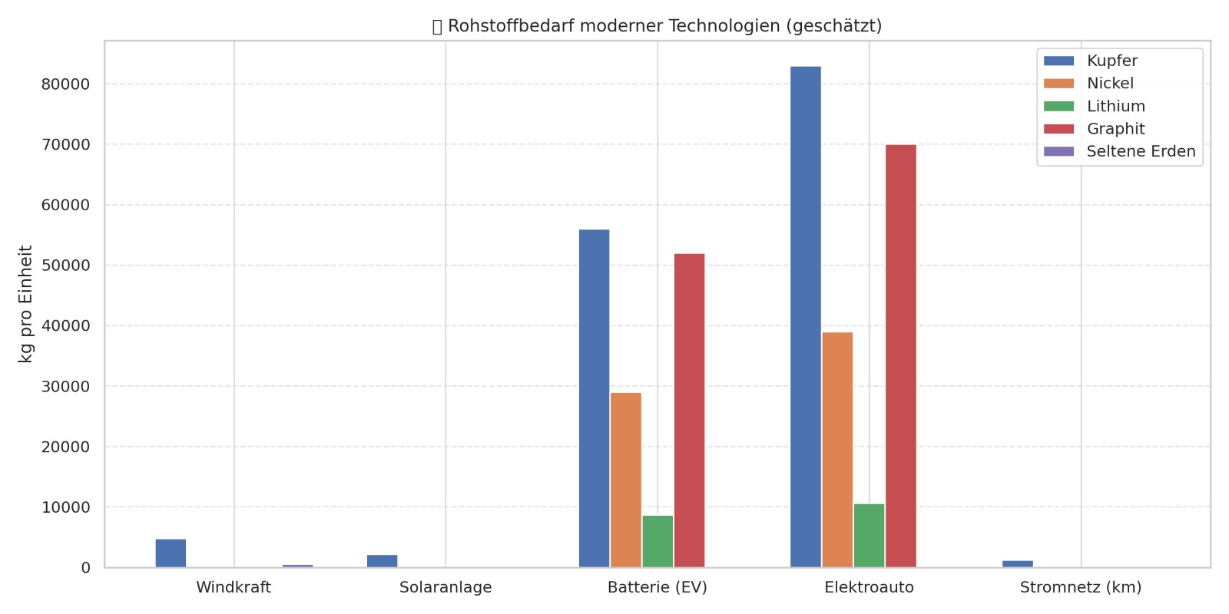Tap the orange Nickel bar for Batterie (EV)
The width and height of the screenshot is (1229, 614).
tap(626, 480)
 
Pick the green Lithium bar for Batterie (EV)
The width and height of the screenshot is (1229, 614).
tap(658, 542)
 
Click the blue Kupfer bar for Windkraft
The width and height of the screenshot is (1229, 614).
tap(171, 553)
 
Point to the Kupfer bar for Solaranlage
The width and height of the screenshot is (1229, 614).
tap(383, 561)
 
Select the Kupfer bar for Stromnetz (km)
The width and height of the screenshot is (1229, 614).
tap(1018, 564)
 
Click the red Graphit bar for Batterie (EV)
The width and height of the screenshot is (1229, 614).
tap(689, 411)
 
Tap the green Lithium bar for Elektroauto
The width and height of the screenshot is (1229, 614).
tap(869, 536)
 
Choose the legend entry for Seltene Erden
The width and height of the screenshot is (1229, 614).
tap(1141, 151)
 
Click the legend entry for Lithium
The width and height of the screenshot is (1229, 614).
tap(1115, 106)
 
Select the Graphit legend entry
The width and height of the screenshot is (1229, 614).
tap(1115, 129)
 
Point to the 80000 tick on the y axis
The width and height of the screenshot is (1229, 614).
tap(65, 84)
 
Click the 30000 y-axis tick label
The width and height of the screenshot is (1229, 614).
tap(65, 386)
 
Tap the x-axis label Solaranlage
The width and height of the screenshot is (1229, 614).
tap(446, 588)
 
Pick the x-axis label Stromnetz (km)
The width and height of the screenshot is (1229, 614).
tap(1081, 588)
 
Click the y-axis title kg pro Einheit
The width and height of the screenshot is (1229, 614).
tap(25, 304)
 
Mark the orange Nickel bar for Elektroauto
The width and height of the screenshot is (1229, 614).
tap(837, 450)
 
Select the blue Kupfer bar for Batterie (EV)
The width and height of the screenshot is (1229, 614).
tap(594, 398)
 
